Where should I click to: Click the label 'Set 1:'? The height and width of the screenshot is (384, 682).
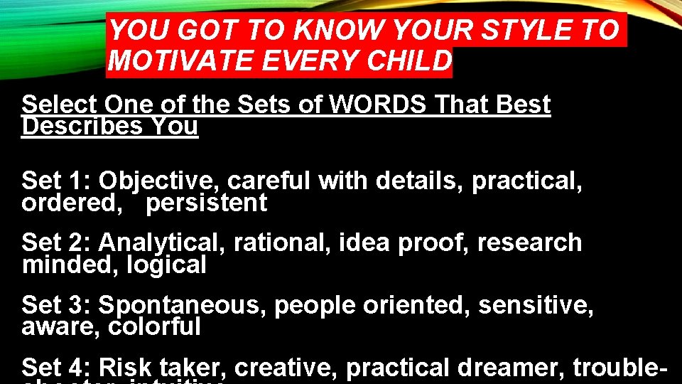(57, 181)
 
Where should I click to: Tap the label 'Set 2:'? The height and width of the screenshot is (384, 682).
(57, 243)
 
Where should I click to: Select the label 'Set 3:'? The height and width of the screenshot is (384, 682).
(57, 305)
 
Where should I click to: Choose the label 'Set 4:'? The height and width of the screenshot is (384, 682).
(57, 368)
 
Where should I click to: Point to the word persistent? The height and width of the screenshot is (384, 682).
(207, 203)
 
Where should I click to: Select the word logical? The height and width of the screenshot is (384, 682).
(167, 265)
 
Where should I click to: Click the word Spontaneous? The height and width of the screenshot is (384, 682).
(183, 306)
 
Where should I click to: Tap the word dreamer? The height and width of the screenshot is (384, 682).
(511, 368)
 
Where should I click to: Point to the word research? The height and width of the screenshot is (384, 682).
(529, 243)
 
